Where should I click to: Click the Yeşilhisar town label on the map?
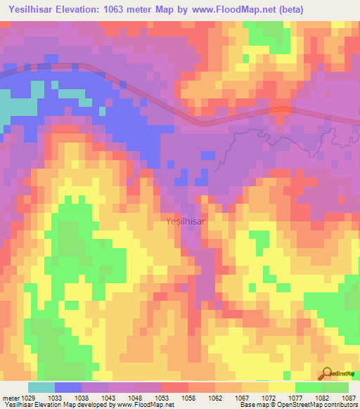(x=186, y=221)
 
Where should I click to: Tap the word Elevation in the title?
(x=96, y=11)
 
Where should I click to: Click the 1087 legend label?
(x=349, y=397)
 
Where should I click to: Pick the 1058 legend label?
(x=189, y=397)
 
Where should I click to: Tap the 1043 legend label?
(x=109, y=397)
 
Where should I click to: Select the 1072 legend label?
(x=269, y=397)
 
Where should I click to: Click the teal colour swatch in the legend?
(x=41, y=387)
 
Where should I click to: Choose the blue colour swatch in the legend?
(x=68, y=387)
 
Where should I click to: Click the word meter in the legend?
(x=10, y=397)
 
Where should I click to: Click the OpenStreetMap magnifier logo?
(x=328, y=375)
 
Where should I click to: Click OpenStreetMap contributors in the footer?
(x=319, y=405)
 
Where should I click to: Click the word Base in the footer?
(x=246, y=405)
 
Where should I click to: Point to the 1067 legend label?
(x=242, y=397)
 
